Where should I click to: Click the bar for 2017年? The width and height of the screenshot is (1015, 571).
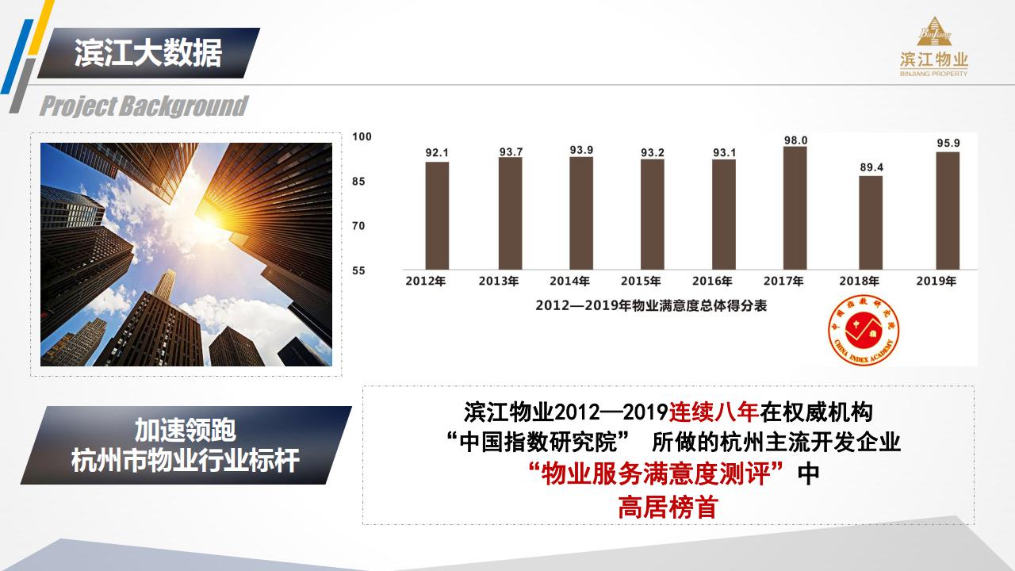click(795, 208)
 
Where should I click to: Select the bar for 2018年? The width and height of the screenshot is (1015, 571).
click(871, 223)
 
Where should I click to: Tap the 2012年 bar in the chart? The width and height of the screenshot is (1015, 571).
click(437, 216)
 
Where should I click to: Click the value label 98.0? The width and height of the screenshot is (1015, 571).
click(795, 140)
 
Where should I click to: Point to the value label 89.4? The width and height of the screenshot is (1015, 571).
click(871, 167)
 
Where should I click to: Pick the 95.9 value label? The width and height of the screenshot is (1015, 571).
click(948, 144)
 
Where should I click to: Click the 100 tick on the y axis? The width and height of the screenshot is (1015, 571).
click(362, 136)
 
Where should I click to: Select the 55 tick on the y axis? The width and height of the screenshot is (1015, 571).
click(358, 270)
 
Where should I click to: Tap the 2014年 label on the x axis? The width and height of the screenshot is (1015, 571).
click(569, 282)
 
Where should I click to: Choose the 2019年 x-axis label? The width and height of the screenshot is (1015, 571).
click(936, 282)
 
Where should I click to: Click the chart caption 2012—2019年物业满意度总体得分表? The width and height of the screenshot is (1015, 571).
click(651, 306)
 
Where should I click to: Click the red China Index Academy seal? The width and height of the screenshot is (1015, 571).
click(864, 329)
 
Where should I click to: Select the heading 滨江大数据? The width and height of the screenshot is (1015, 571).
click(148, 53)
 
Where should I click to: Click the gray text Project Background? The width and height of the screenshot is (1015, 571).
click(144, 106)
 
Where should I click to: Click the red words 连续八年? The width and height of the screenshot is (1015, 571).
click(714, 412)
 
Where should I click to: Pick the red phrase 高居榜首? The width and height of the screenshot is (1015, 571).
click(668, 507)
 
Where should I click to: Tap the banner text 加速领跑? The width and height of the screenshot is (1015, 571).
click(186, 430)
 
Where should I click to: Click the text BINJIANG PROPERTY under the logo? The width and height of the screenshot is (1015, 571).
click(934, 74)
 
